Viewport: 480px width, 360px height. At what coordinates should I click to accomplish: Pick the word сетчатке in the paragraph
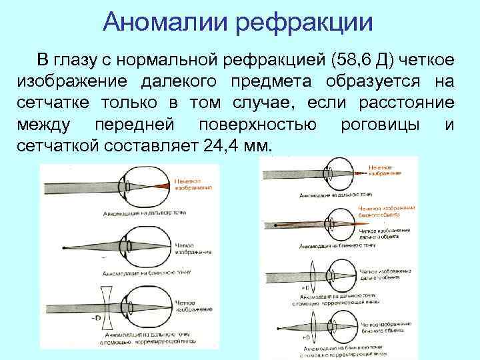43,103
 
